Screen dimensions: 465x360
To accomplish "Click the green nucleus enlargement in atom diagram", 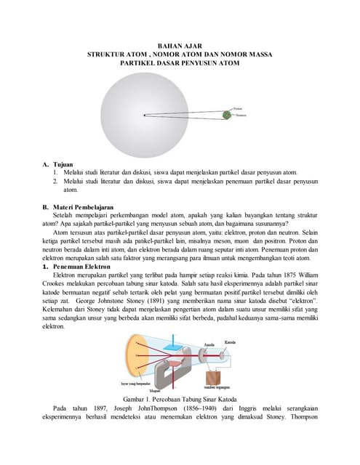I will (226, 114).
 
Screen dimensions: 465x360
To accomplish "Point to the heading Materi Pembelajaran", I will (84, 207).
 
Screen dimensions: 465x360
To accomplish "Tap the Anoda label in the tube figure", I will (209, 346).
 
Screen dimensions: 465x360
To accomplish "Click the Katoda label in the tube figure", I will (231, 341).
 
